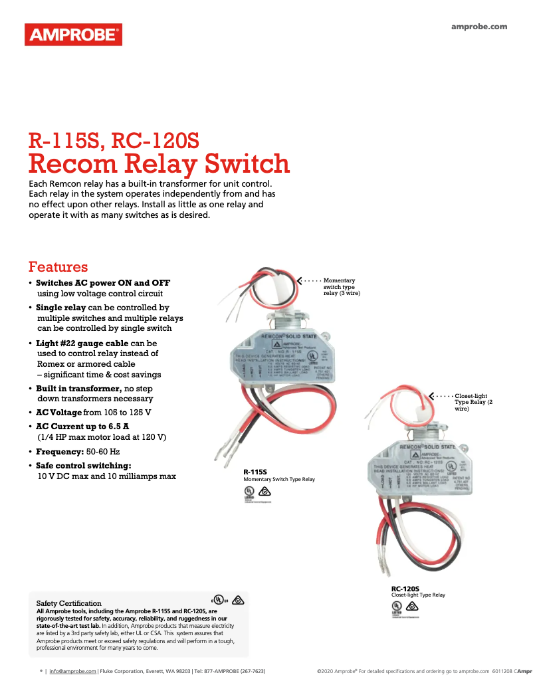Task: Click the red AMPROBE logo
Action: pos(73,34)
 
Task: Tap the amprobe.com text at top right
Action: pos(479,27)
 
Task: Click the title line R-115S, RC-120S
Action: pos(113,141)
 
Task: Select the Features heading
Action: pos(58,267)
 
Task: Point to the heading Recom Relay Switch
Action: pos(159,163)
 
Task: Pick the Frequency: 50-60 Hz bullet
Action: pos(77,451)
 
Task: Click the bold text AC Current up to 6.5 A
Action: pos(82,426)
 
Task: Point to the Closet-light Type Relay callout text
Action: pos(473,402)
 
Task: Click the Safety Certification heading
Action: pos(68,603)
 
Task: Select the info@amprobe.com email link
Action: pos(72,671)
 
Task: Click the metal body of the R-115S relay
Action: pos(279,362)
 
